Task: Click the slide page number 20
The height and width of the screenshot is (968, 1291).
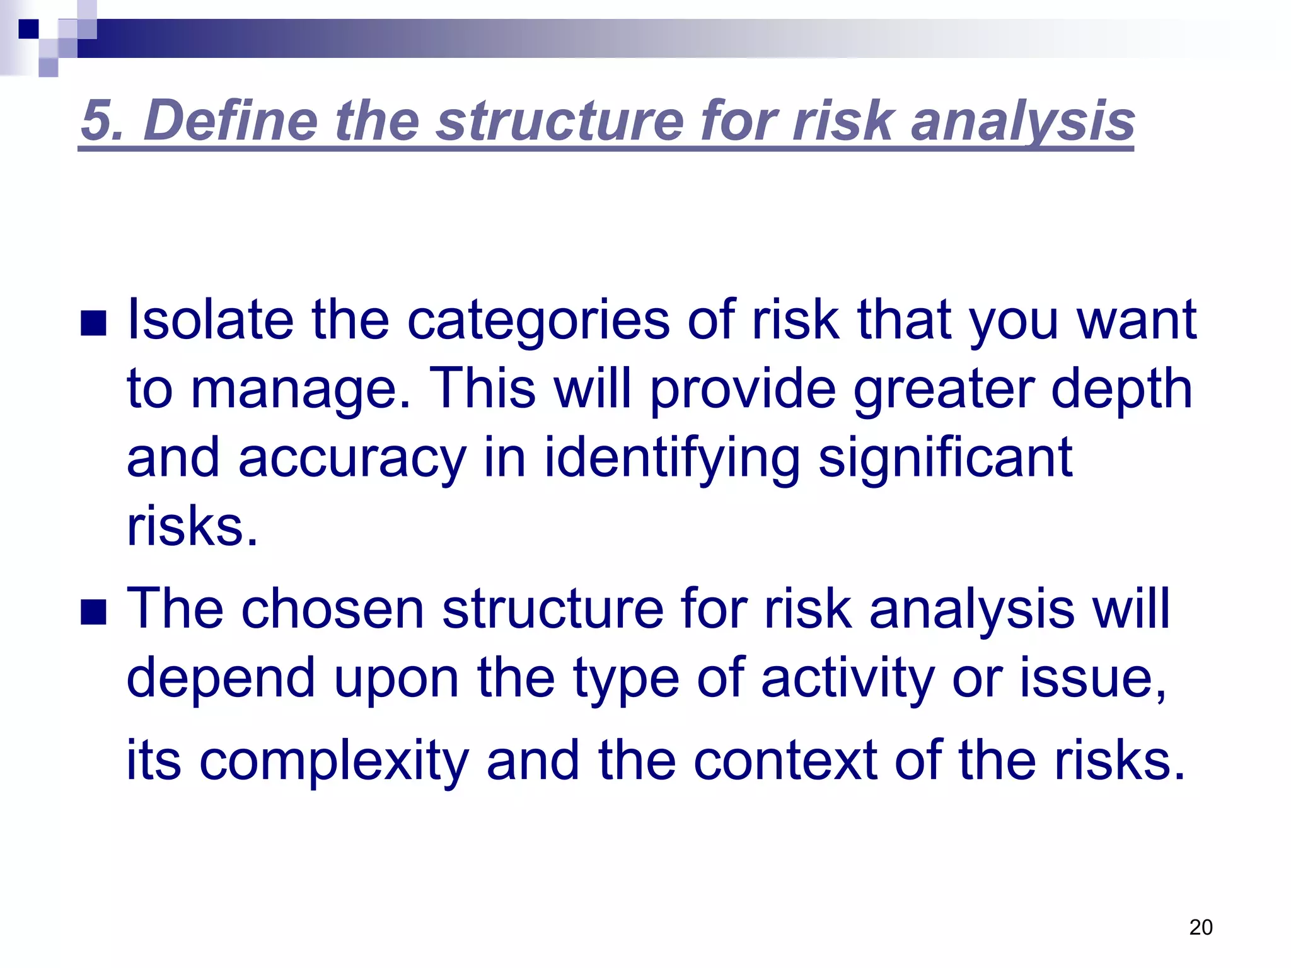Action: click(1200, 927)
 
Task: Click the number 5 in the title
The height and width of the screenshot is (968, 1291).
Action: click(96, 121)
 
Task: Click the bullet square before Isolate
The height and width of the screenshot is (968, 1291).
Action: click(93, 324)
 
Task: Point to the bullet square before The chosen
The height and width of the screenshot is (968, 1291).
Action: click(93, 612)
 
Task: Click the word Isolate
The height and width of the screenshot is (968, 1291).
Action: click(210, 320)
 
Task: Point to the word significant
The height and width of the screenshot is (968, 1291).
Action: click(945, 458)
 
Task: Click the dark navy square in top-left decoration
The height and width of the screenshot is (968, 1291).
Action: click(28, 29)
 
